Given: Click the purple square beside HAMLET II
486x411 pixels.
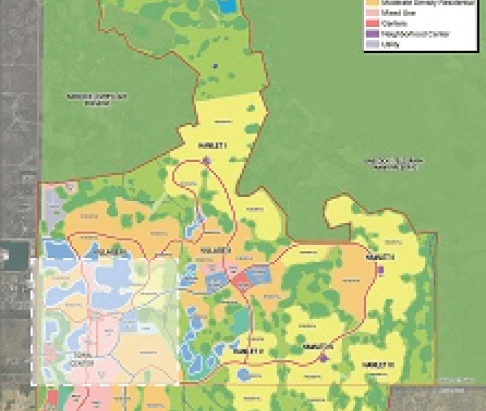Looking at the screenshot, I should [381, 270].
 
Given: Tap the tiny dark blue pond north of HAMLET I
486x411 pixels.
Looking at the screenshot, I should [215, 65].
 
